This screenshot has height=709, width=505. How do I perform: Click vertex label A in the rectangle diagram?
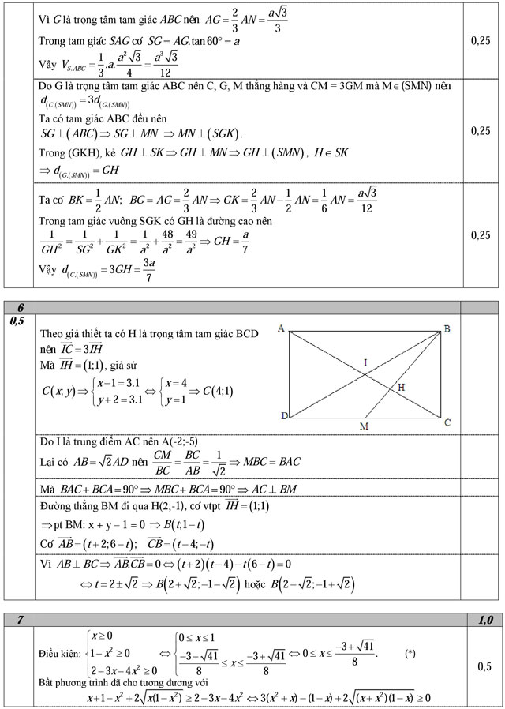coord(281,328)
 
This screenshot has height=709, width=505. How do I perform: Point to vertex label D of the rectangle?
coord(283,416)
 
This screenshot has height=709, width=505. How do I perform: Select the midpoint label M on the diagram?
coord(364,426)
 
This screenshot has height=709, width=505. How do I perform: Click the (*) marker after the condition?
coord(410,654)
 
